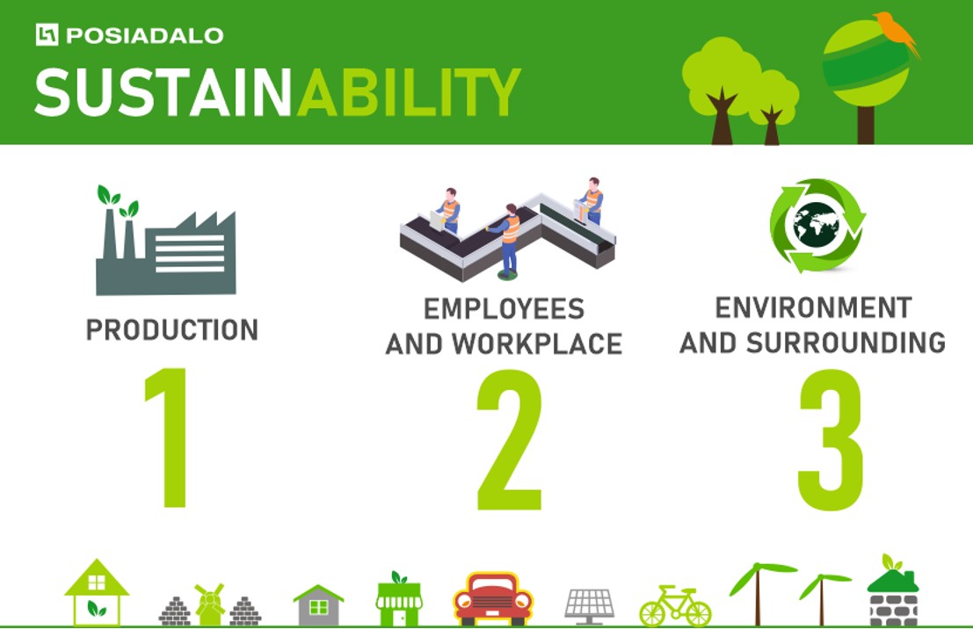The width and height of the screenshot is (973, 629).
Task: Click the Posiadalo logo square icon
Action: (x=47, y=35)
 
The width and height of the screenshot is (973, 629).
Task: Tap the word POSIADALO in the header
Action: (x=144, y=35)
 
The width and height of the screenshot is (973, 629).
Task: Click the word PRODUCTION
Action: (x=172, y=329)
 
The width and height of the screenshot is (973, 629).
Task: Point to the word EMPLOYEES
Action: (x=504, y=309)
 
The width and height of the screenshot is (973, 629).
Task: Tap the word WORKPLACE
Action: (x=537, y=343)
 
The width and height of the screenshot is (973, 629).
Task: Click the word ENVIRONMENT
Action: (x=814, y=307)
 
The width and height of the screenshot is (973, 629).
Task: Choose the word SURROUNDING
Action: (x=846, y=343)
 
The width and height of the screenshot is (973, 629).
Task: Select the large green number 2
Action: (x=510, y=439)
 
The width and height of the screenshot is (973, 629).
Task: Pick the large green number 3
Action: (x=831, y=439)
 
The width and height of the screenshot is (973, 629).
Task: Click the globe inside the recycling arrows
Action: (x=817, y=226)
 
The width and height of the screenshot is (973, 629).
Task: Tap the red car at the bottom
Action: (x=493, y=598)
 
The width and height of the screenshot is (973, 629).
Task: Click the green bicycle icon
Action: (x=675, y=605)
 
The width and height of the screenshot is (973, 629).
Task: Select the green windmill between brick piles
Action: (x=210, y=604)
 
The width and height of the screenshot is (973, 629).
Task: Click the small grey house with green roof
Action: (x=318, y=604)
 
